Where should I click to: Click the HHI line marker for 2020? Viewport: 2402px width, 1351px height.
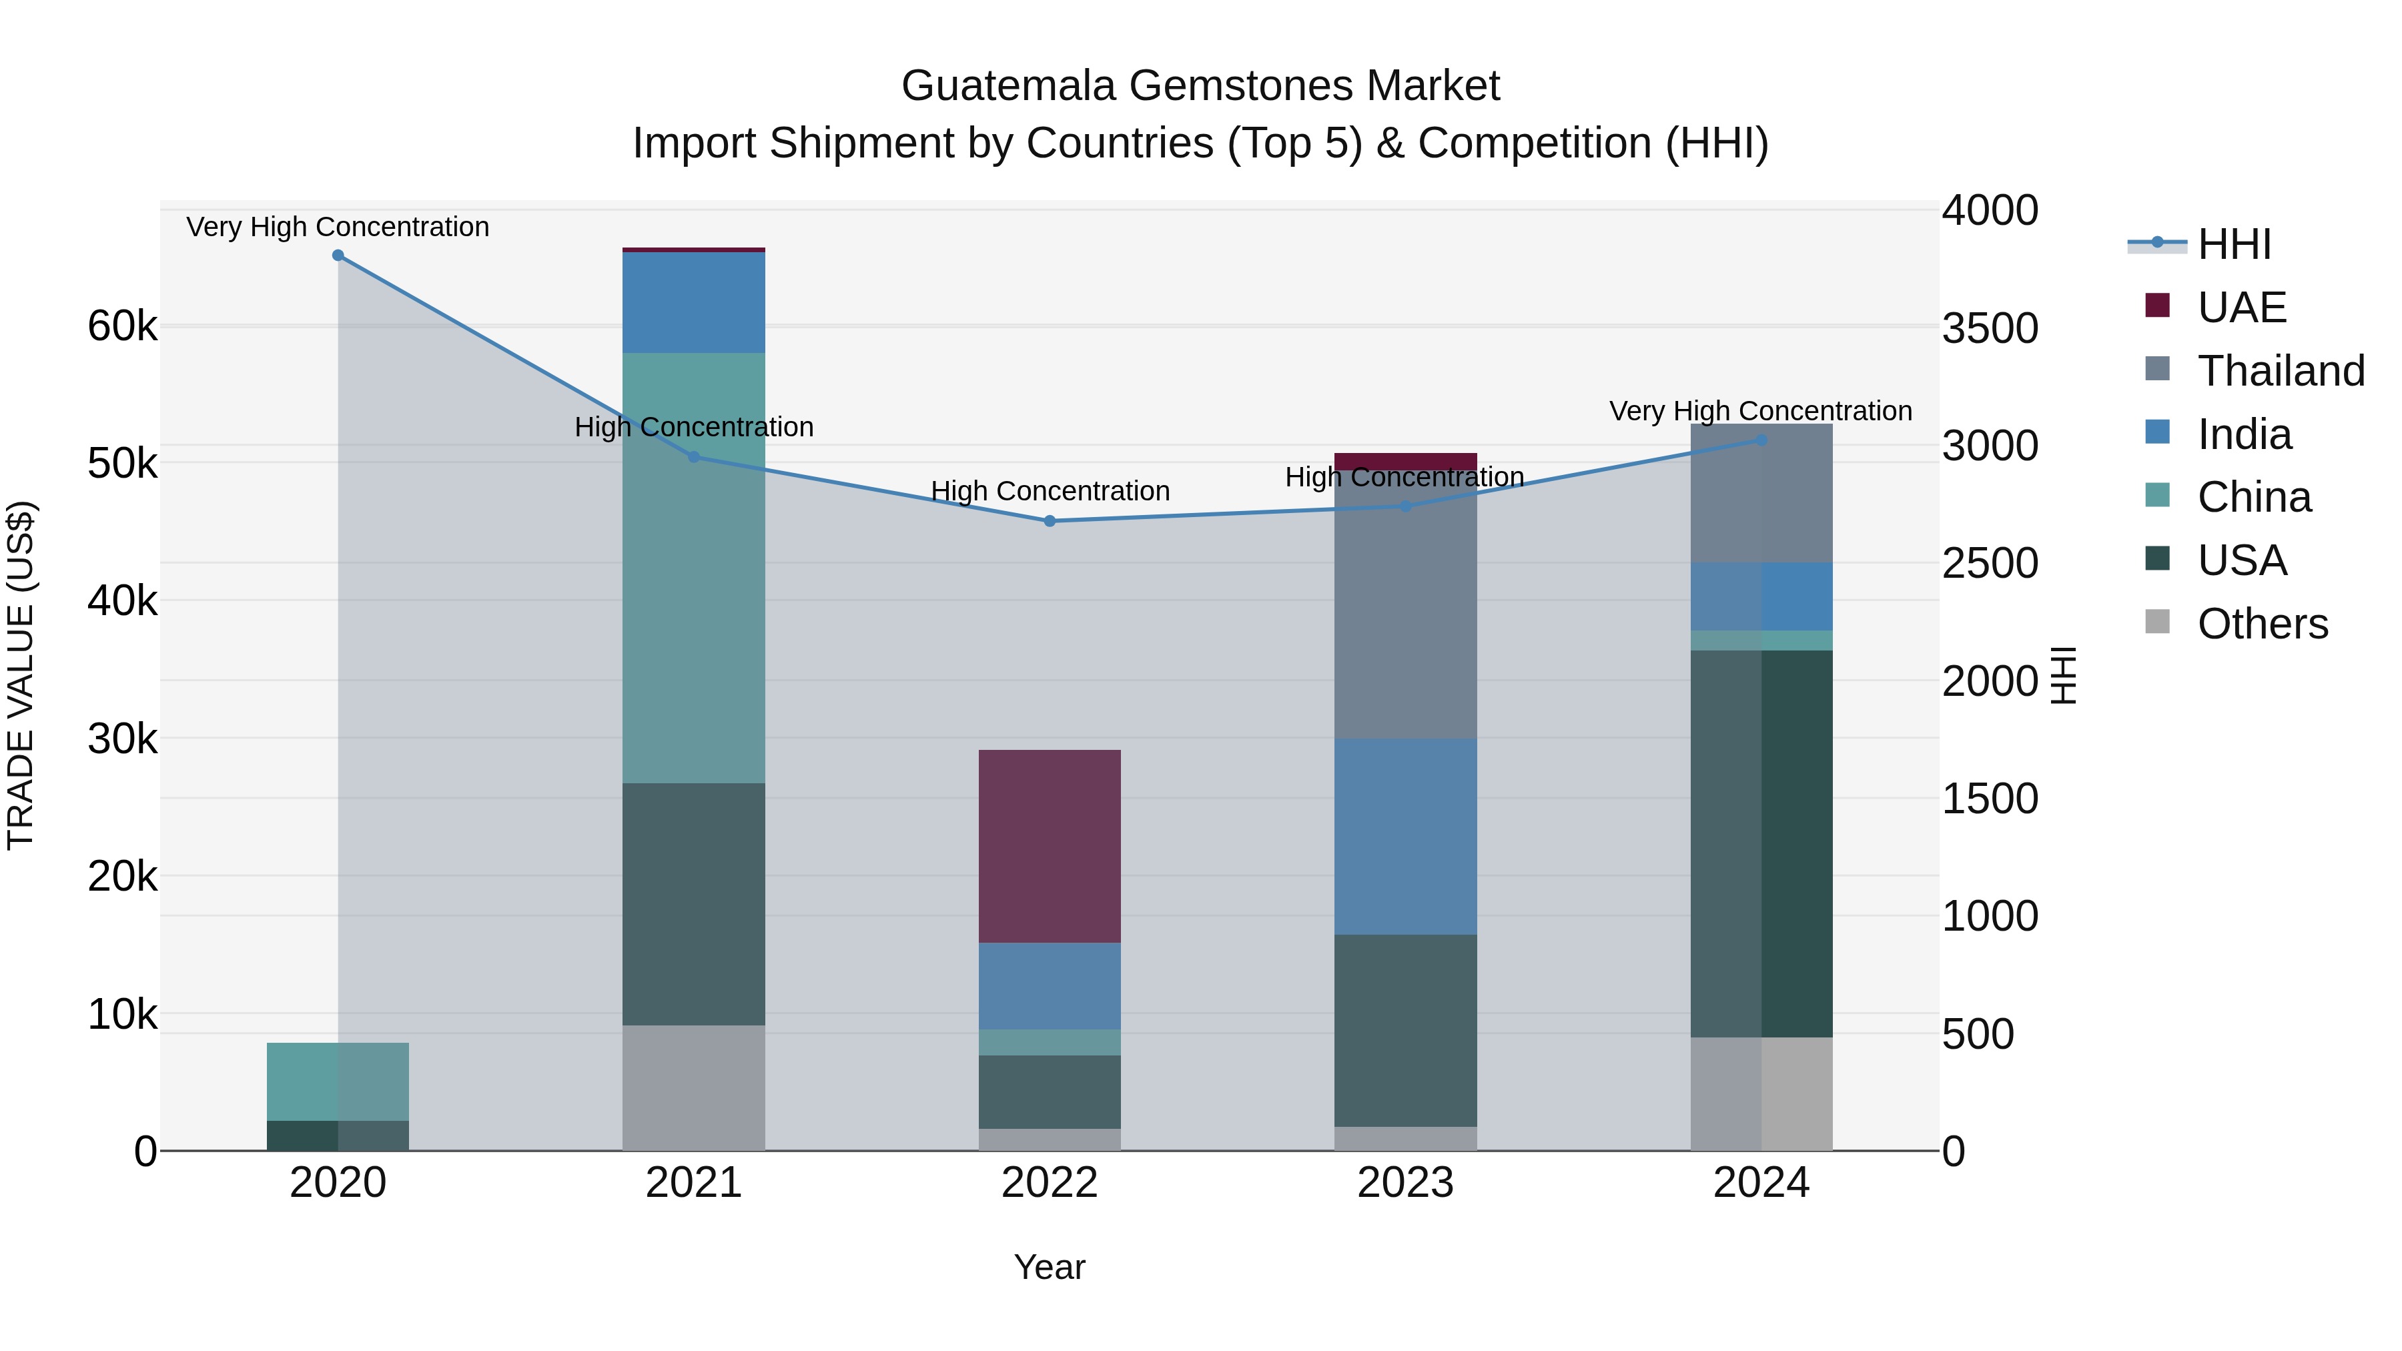(338, 256)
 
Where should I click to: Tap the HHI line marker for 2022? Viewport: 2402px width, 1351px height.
(1050, 521)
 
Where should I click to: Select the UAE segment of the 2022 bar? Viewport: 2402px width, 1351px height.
(1050, 846)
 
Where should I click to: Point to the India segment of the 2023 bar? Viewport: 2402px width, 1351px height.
(1406, 837)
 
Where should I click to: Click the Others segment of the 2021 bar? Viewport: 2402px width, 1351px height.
(694, 1087)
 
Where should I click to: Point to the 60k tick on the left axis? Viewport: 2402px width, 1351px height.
(122, 326)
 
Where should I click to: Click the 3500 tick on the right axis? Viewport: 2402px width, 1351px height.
(1990, 328)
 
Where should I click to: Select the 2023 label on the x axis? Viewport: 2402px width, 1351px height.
(1405, 1183)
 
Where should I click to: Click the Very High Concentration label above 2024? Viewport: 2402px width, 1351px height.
(1761, 411)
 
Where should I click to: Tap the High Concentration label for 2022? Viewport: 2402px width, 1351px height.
(1050, 491)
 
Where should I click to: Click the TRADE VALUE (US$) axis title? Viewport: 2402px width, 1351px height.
(21, 675)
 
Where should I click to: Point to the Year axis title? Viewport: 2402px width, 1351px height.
(1050, 1267)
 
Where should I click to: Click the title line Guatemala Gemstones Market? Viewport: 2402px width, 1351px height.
(1200, 86)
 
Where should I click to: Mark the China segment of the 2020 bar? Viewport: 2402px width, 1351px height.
(338, 1081)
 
